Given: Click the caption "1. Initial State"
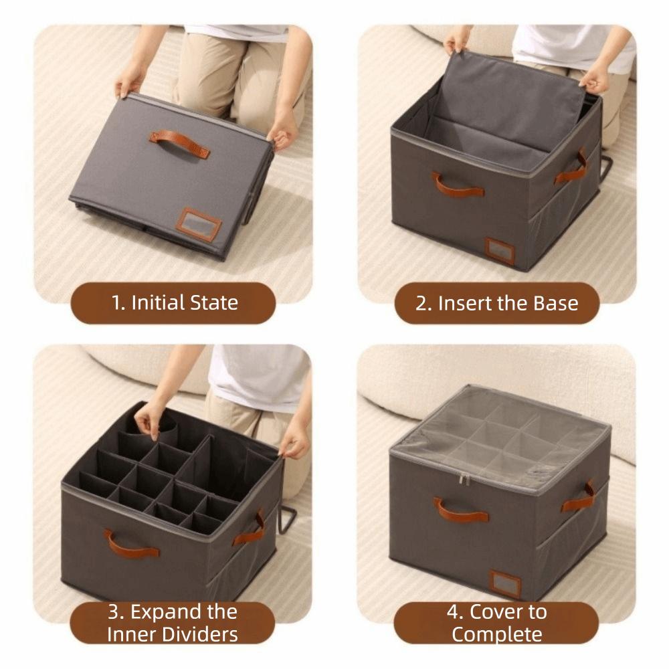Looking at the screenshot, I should pos(174,303).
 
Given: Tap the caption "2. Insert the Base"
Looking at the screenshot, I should pos(496,303).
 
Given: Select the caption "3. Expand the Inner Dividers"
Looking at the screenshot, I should pos(173,622).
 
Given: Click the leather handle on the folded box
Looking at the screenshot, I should pos(179,143).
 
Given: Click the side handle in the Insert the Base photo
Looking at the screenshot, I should pos(571,169).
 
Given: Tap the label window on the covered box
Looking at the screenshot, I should pos(504,583).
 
